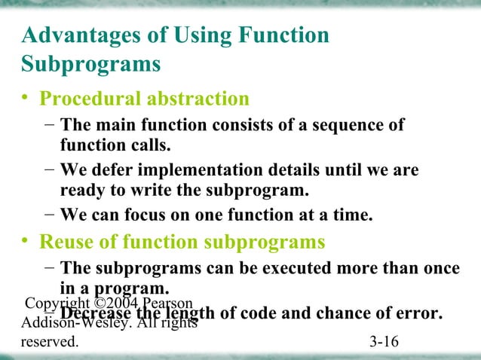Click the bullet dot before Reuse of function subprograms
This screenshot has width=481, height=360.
[x=27, y=242]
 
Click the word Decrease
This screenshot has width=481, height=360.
[x=97, y=312]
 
